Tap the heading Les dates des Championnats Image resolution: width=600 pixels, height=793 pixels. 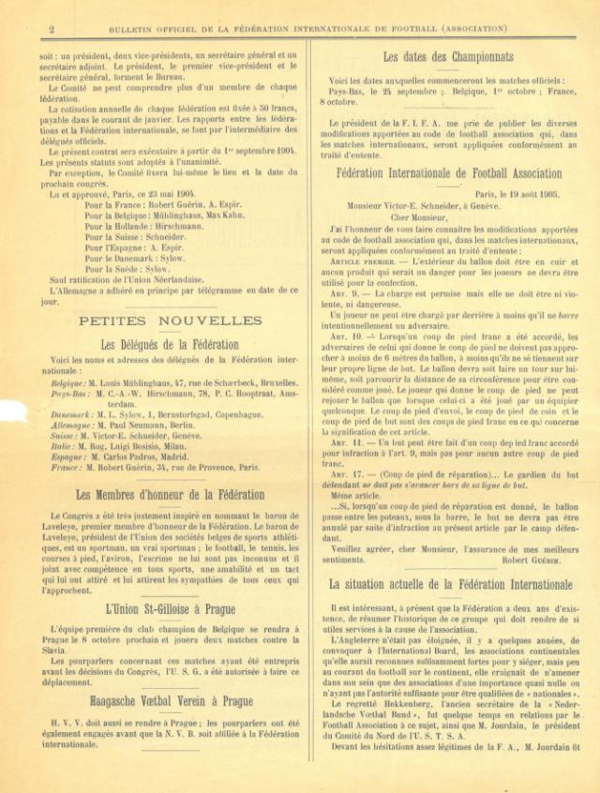[x=447, y=57]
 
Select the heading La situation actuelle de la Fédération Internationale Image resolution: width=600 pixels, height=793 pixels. [x=451, y=584]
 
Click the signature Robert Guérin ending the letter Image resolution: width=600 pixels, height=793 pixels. [x=530, y=560]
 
